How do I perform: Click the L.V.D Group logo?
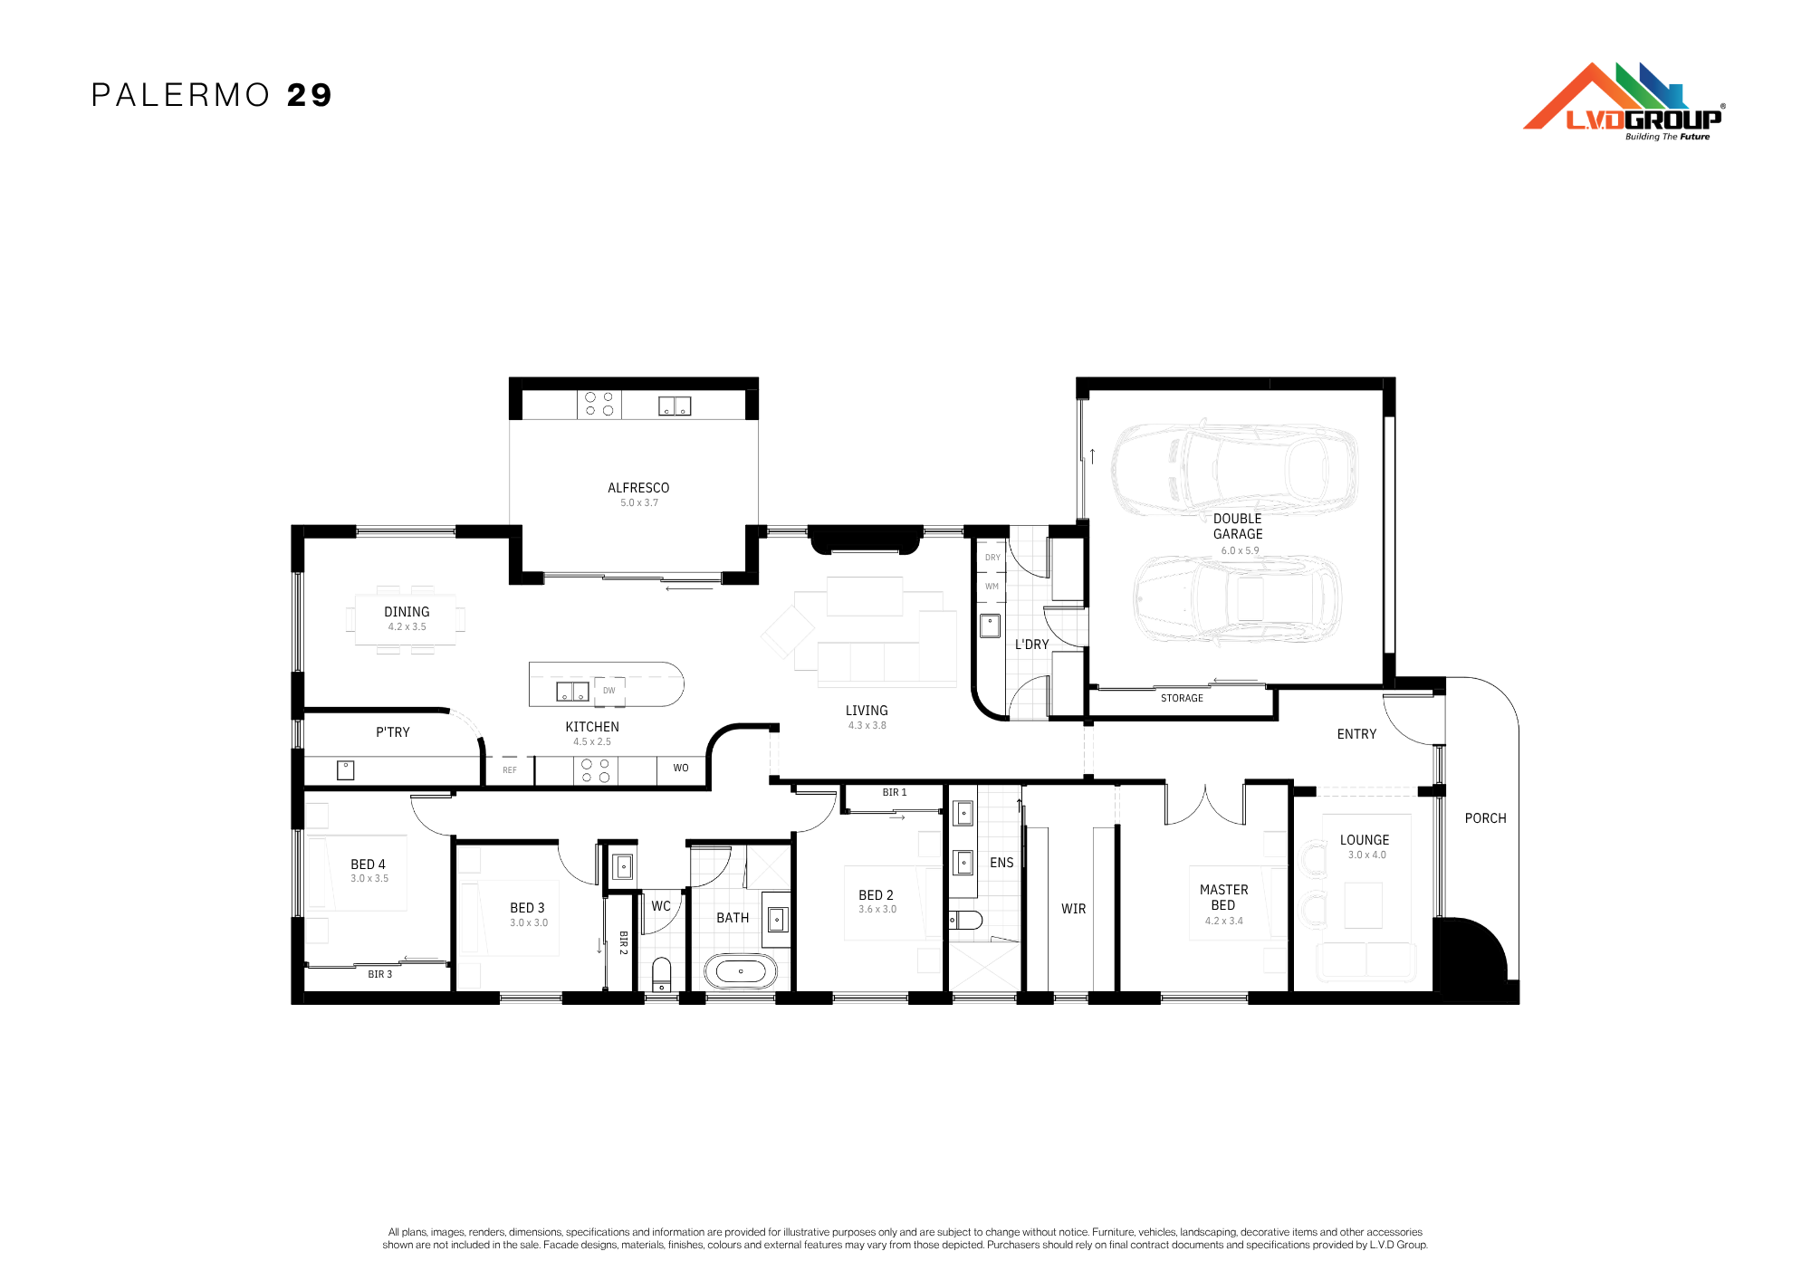click(1624, 101)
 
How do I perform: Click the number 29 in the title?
click(310, 95)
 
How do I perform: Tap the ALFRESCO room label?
click(638, 488)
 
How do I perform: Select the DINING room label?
click(407, 612)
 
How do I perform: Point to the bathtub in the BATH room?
click(741, 971)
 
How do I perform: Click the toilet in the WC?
click(662, 975)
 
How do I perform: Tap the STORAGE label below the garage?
click(1182, 698)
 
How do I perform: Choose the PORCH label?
click(1486, 818)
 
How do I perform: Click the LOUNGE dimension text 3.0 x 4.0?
click(1366, 855)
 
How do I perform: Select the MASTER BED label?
click(1223, 897)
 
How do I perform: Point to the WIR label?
click(1073, 909)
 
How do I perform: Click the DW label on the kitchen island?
click(609, 691)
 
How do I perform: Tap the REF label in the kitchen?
click(510, 770)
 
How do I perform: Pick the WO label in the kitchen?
click(681, 768)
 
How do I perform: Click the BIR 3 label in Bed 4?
click(380, 974)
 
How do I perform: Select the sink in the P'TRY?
click(346, 770)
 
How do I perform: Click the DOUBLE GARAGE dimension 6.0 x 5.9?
click(1240, 550)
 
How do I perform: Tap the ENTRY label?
click(1356, 734)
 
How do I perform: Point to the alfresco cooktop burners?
click(599, 404)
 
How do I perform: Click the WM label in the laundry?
click(992, 587)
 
